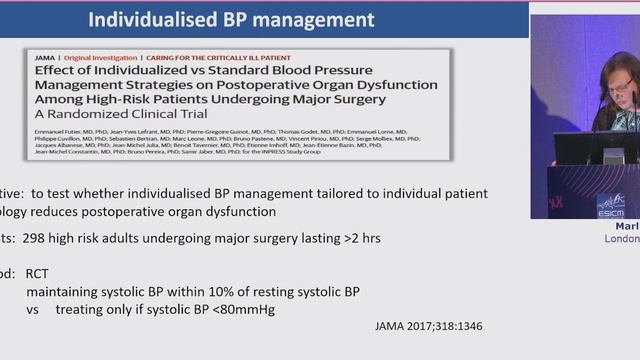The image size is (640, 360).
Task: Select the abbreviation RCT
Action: [x=38, y=273]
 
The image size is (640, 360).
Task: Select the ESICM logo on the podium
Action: [x=611, y=204]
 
